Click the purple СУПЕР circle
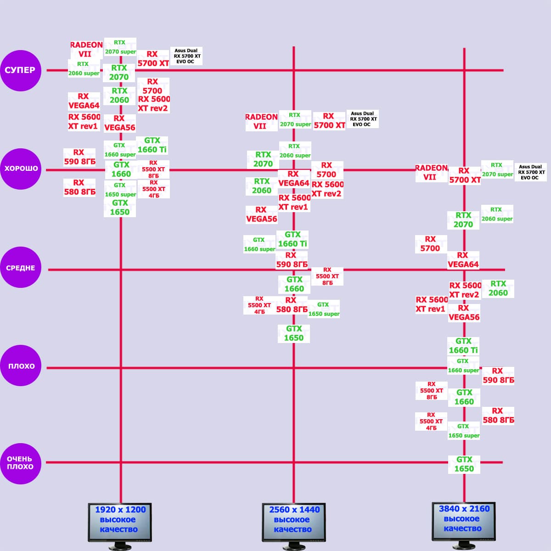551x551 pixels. (x=21, y=70)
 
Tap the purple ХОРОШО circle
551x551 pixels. (x=21, y=169)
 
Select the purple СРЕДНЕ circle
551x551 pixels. (x=21, y=268)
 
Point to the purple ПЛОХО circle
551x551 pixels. (x=21, y=366)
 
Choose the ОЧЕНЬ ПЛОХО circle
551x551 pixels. (x=21, y=463)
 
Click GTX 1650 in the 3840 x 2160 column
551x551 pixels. (x=464, y=464)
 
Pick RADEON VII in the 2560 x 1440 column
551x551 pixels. (x=261, y=121)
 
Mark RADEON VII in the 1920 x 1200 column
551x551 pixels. (x=86, y=49)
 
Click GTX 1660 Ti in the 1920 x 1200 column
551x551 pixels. (x=152, y=145)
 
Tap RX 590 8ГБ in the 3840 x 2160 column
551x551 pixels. (x=498, y=375)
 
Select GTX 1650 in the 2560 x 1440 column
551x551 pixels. (x=294, y=333)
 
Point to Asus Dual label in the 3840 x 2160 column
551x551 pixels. (x=531, y=172)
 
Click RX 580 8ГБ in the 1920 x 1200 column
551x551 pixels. (x=79, y=187)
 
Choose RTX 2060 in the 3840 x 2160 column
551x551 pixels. (x=498, y=288)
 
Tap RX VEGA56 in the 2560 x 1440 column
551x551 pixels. (x=261, y=214)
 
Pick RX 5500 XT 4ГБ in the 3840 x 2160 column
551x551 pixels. (x=431, y=421)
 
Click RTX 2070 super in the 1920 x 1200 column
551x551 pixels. (x=120, y=47)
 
